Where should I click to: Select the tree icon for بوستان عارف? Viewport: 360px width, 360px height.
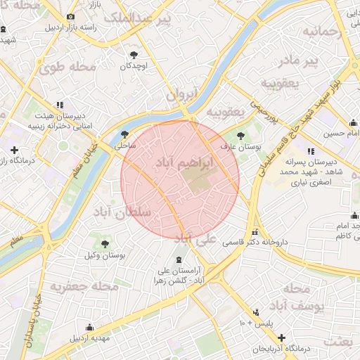click(x=241, y=136)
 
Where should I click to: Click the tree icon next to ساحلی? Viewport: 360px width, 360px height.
click(x=125, y=135)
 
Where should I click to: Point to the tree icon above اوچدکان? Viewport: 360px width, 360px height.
click(x=134, y=54)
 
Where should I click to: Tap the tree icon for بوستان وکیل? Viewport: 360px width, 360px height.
click(x=105, y=245)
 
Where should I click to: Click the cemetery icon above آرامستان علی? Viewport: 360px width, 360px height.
click(x=176, y=260)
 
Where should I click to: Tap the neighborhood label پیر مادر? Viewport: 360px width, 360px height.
click(x=318, y=61)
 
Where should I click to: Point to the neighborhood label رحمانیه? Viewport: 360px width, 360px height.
click(x=321, y=32)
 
